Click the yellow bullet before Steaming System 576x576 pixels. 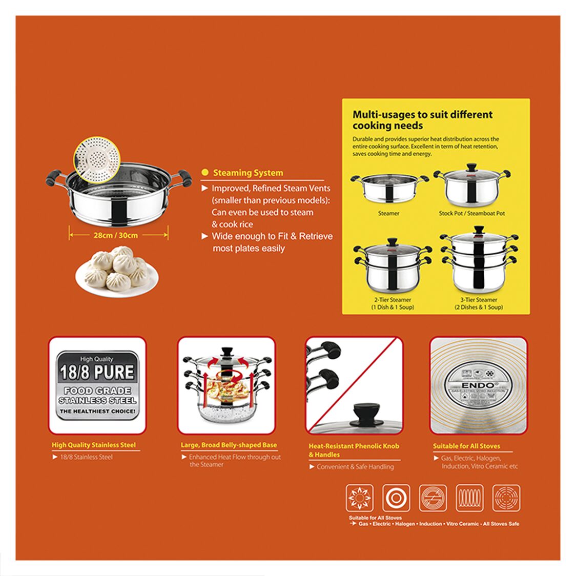(205, 173)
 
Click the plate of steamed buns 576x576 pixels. (117, 272)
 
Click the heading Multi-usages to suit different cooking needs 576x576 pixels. (422, 120)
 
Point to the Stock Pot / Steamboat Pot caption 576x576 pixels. (471, 213)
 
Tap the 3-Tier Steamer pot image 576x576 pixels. (479, 261)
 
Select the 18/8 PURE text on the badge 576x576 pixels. (97, 373)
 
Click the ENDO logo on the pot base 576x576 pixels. (478, 385)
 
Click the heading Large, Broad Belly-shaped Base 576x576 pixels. (229, 445)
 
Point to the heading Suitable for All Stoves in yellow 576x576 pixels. (466, 446)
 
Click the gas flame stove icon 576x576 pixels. (359, 498)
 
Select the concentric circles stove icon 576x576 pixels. (396, 498)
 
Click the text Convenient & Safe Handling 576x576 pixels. (355, 467)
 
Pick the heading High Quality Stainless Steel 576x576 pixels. (94, 445)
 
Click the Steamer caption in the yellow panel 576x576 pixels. (388, 213)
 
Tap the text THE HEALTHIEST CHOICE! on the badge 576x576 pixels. (97, 411)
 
